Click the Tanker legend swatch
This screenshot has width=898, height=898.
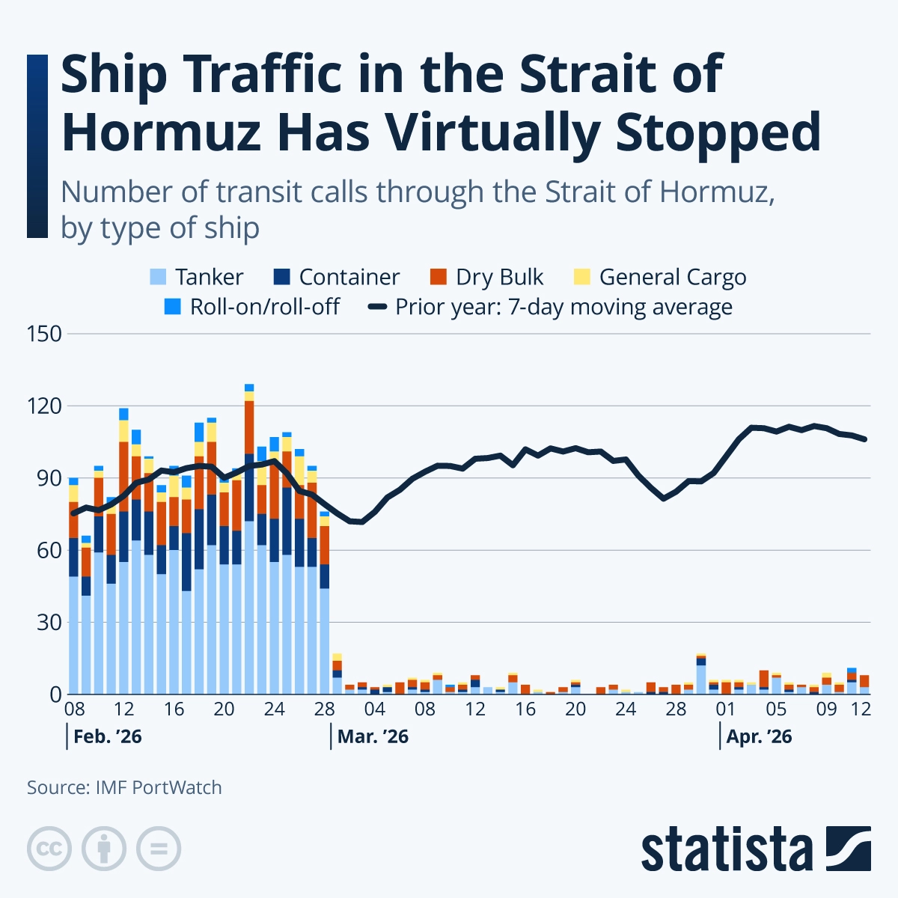tap(158, 278)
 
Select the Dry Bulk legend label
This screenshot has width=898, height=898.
tap(499, 278)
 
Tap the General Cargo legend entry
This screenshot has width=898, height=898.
tap(672, 278)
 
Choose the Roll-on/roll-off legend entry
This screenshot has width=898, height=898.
tap(265, 307)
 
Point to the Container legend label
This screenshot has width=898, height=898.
tap(349, 278)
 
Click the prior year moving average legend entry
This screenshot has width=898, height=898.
tap(563, 307)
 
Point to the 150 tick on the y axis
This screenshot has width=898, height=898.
tap(44, 334)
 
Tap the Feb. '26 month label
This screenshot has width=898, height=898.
tap(107, 737)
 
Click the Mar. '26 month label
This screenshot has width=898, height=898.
tap(373, 737)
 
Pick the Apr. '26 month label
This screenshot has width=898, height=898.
tap(759, 737)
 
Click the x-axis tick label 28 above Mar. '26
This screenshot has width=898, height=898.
tap(325, 709)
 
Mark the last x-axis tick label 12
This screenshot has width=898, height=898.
tap(861, 709)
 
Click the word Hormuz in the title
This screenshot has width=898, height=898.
tap(161, 132)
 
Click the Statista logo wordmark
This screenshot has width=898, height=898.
tap(726, 849)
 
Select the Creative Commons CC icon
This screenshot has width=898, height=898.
tap(49, 849)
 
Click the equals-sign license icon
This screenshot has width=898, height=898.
tap(159, 849)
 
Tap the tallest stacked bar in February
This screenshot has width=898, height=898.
tap(249, 539)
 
